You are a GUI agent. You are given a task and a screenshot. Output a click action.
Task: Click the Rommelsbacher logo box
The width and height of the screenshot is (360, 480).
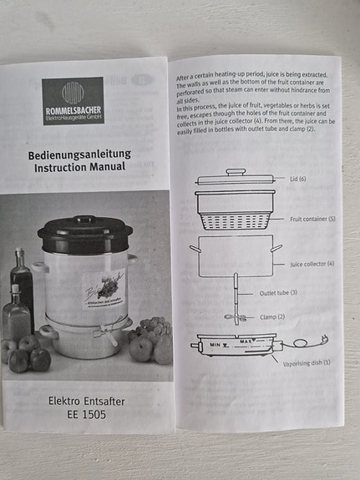point(73,100)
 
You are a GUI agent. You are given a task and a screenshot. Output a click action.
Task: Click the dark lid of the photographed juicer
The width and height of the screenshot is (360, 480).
point(85,235)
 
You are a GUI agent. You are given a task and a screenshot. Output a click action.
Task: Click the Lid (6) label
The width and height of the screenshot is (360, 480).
point(297,179)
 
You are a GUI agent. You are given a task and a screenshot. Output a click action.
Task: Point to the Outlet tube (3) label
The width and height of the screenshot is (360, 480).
point(278,293)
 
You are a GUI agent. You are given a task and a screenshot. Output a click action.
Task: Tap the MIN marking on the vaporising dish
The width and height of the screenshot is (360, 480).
point(215,343)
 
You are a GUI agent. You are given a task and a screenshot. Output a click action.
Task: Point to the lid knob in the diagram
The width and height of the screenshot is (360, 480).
point(236,171)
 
